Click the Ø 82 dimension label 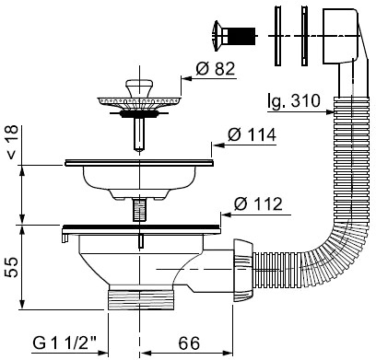click(215, 69)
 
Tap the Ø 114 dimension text click(252, 134)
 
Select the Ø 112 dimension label click(258, 203)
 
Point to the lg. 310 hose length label click(294, 100)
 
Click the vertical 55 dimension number click(12, 267)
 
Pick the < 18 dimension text click(12, 142)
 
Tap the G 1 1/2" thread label click(65, 343)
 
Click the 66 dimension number click(189, 343)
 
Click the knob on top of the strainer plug click(139, 87)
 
